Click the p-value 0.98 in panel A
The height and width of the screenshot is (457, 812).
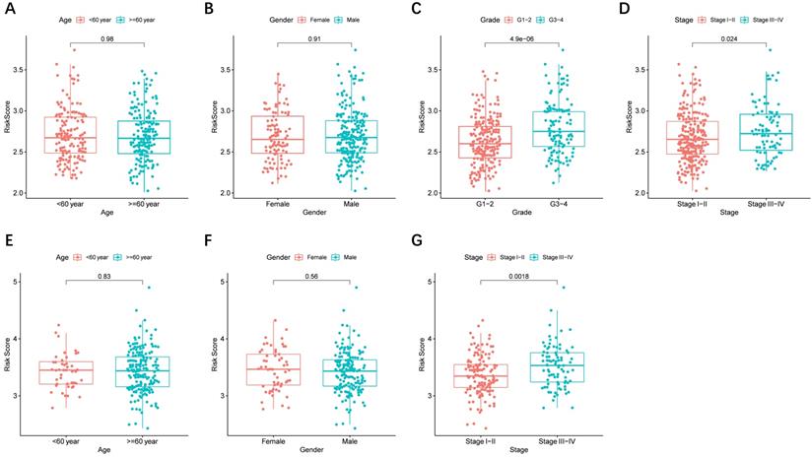[104, 39]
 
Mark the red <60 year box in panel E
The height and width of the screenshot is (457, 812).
[66, 372]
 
